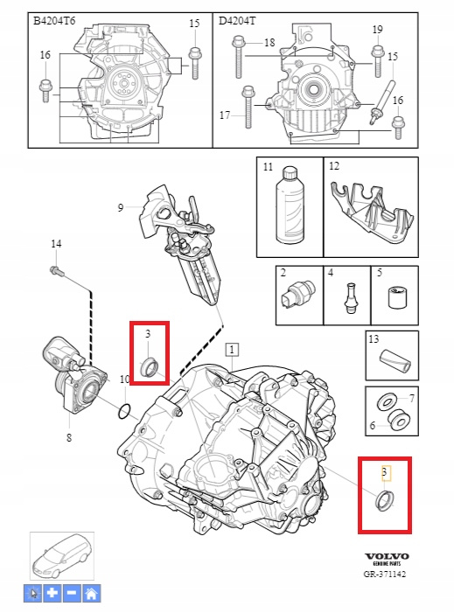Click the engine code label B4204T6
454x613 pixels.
54,21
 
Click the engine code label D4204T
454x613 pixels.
236,21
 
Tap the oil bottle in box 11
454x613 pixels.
290,205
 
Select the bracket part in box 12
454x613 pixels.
372,212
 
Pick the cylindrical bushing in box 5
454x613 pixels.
396,297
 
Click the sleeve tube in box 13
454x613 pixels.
395,360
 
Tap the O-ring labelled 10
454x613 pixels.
124,412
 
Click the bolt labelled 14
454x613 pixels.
56,270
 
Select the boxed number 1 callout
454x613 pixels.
233,349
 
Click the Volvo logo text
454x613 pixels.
388,556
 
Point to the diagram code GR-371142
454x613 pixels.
385,574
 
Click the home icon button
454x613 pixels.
92,594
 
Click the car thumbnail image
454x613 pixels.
62,556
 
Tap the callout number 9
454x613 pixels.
121,207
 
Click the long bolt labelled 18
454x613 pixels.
238,57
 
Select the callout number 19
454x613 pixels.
377,30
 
